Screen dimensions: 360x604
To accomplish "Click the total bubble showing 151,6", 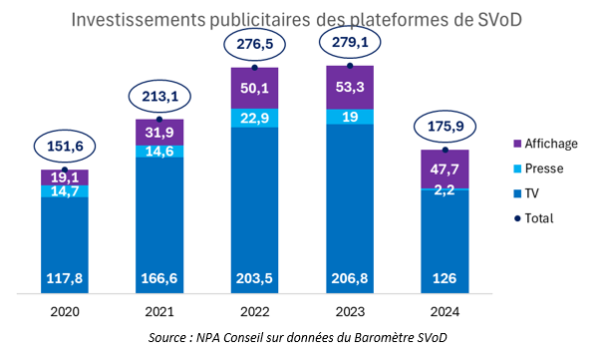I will [x=65, y=148].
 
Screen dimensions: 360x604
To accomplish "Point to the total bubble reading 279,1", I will [x=350, y=44].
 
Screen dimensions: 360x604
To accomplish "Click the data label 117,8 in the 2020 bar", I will [x=65, y=278].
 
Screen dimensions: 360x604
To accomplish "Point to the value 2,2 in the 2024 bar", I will [x=446, y=193].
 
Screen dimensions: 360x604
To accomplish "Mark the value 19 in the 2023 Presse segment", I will [x=350, y=117].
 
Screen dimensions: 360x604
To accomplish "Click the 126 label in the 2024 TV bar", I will [x=446, y=278].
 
